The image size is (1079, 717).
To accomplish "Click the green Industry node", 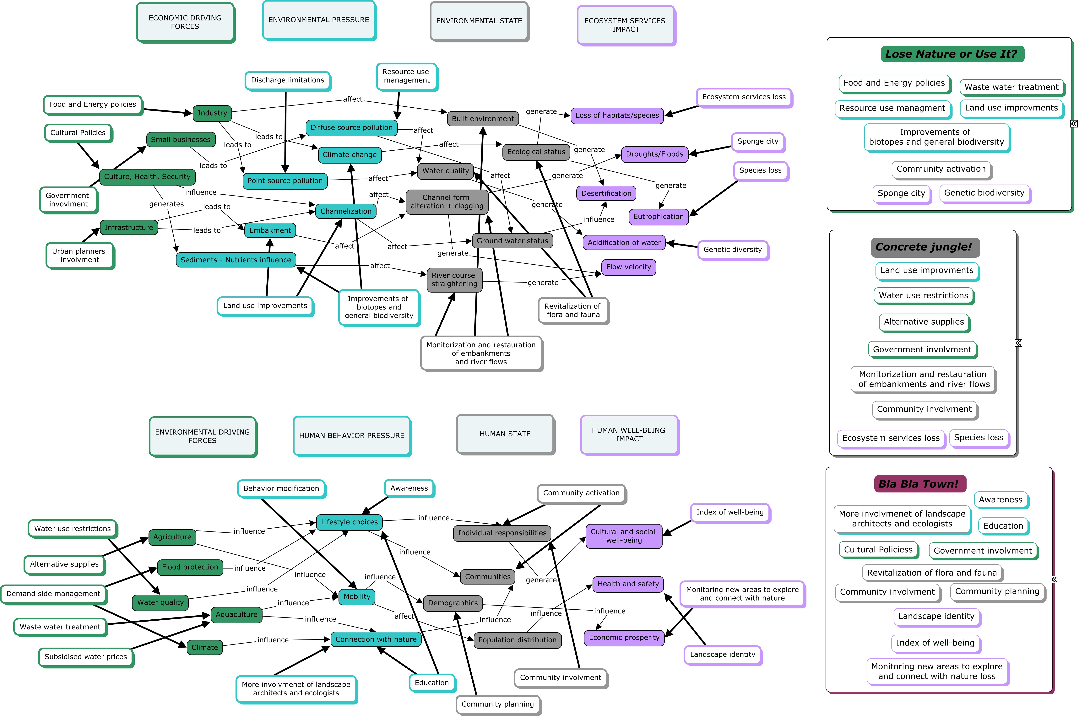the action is pos(212,113).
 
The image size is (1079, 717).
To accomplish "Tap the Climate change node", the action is pos(350,154).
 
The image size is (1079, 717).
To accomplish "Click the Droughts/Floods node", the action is pos(654,154).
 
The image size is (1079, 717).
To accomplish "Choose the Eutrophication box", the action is pos(659,217).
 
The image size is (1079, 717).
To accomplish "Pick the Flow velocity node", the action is pos(628,267).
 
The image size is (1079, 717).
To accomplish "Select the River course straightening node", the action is pos(454,279).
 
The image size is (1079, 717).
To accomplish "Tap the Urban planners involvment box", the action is pos(80,256).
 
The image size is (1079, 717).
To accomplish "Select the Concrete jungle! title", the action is pos(925,247).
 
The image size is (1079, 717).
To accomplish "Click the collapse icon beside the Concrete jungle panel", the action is pos(1019,343).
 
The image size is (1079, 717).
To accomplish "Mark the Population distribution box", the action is pos(517,640).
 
